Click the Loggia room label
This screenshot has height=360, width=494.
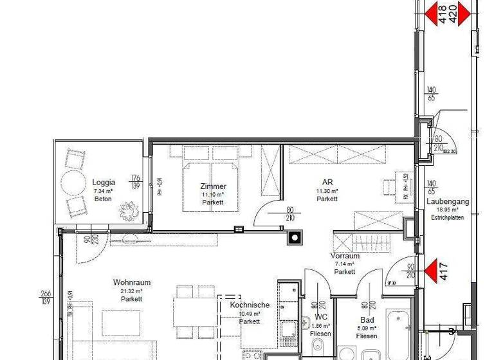pos(103,182)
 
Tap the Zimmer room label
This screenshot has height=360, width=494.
pos(212,186)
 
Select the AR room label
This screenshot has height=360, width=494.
pos(327,183)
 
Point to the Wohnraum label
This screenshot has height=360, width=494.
pos(131,282)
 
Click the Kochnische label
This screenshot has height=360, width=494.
pos(250,305)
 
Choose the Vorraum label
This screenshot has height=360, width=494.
pos(345,256)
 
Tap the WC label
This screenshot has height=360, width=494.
pos(320,318)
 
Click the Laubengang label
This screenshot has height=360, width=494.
pos(448,201)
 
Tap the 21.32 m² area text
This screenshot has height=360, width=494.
pos(131,291)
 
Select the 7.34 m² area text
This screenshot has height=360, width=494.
pos(102,191)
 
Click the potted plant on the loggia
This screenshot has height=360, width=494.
pos(131,208)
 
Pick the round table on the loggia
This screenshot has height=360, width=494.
pos(72,181)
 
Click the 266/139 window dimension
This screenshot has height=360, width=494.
pos(46,296)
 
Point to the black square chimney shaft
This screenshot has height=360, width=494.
pos(294,237)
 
